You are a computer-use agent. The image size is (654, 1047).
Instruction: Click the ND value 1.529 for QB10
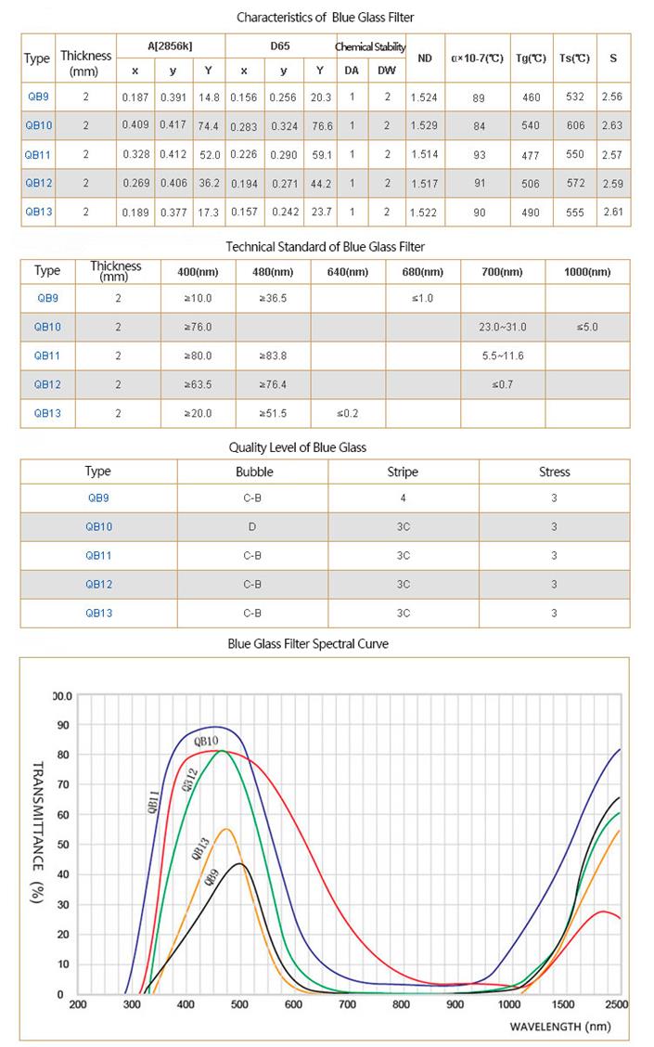point(425,126)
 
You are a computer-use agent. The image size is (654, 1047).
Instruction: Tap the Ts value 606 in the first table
point(575,126)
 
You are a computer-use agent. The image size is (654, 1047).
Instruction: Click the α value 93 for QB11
point(479,155)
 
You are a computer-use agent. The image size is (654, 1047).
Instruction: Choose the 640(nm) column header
point(347,272)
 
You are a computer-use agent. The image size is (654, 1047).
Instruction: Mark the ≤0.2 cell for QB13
point(347,413)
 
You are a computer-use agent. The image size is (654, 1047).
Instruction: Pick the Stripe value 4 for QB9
point(404,498)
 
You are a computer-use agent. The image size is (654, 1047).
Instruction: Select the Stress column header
point(555,472)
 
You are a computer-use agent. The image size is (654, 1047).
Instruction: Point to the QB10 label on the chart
point(206,741)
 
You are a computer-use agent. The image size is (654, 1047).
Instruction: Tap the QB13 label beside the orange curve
point(199,848)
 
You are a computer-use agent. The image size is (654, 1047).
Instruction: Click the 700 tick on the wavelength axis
point(347,1004)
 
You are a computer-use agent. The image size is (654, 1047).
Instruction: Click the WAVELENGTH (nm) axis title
point(559,1027)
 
